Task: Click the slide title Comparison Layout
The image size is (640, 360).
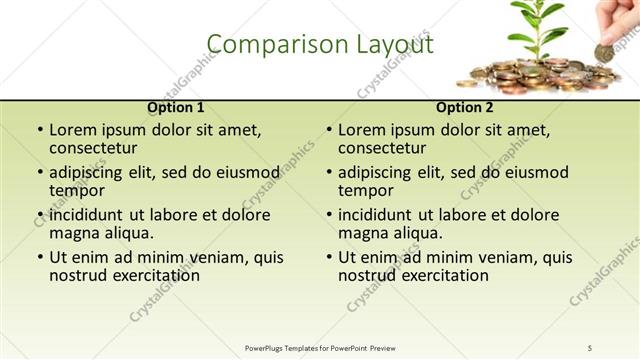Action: coord(320,45)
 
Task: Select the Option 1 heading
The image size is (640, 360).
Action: coord(176,107)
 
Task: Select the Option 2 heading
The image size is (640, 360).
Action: coord(465,107)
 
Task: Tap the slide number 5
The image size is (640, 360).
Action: coord(590,347)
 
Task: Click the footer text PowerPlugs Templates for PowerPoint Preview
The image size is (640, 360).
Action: coord(320,347)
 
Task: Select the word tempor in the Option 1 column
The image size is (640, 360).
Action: coord(76,191)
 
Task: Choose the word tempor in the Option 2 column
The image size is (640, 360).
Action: coord(365,191)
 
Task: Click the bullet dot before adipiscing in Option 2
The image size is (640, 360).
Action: coord(328,172)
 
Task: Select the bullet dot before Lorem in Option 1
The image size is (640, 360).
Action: coord(39,130)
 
